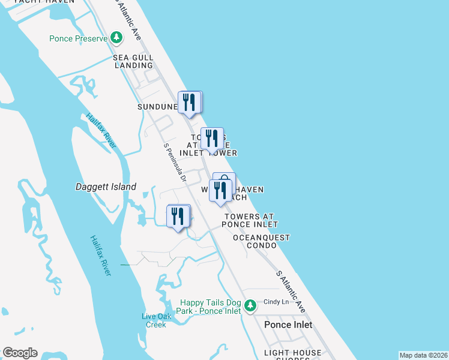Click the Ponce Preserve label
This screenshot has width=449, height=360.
coord(78,39)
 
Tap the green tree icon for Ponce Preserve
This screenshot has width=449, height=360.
coord(116,39)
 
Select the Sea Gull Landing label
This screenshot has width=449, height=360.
coord(133,61)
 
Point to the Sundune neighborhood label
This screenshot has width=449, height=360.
coord(157,107)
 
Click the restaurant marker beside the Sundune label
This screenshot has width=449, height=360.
coord(190,103)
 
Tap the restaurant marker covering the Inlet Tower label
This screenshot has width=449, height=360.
coord(212,139)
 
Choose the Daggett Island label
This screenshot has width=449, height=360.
coord(106,187)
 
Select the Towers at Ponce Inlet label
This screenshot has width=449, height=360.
coord(250,220)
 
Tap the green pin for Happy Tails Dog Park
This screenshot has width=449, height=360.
coord(251,307)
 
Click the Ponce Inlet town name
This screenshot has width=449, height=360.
coord(288,325)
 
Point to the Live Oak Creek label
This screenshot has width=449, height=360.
coord(156,320)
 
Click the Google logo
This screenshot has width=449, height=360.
coord(20,353)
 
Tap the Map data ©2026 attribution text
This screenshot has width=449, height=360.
coord(424,355)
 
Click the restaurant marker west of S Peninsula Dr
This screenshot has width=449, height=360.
coord(178,216)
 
